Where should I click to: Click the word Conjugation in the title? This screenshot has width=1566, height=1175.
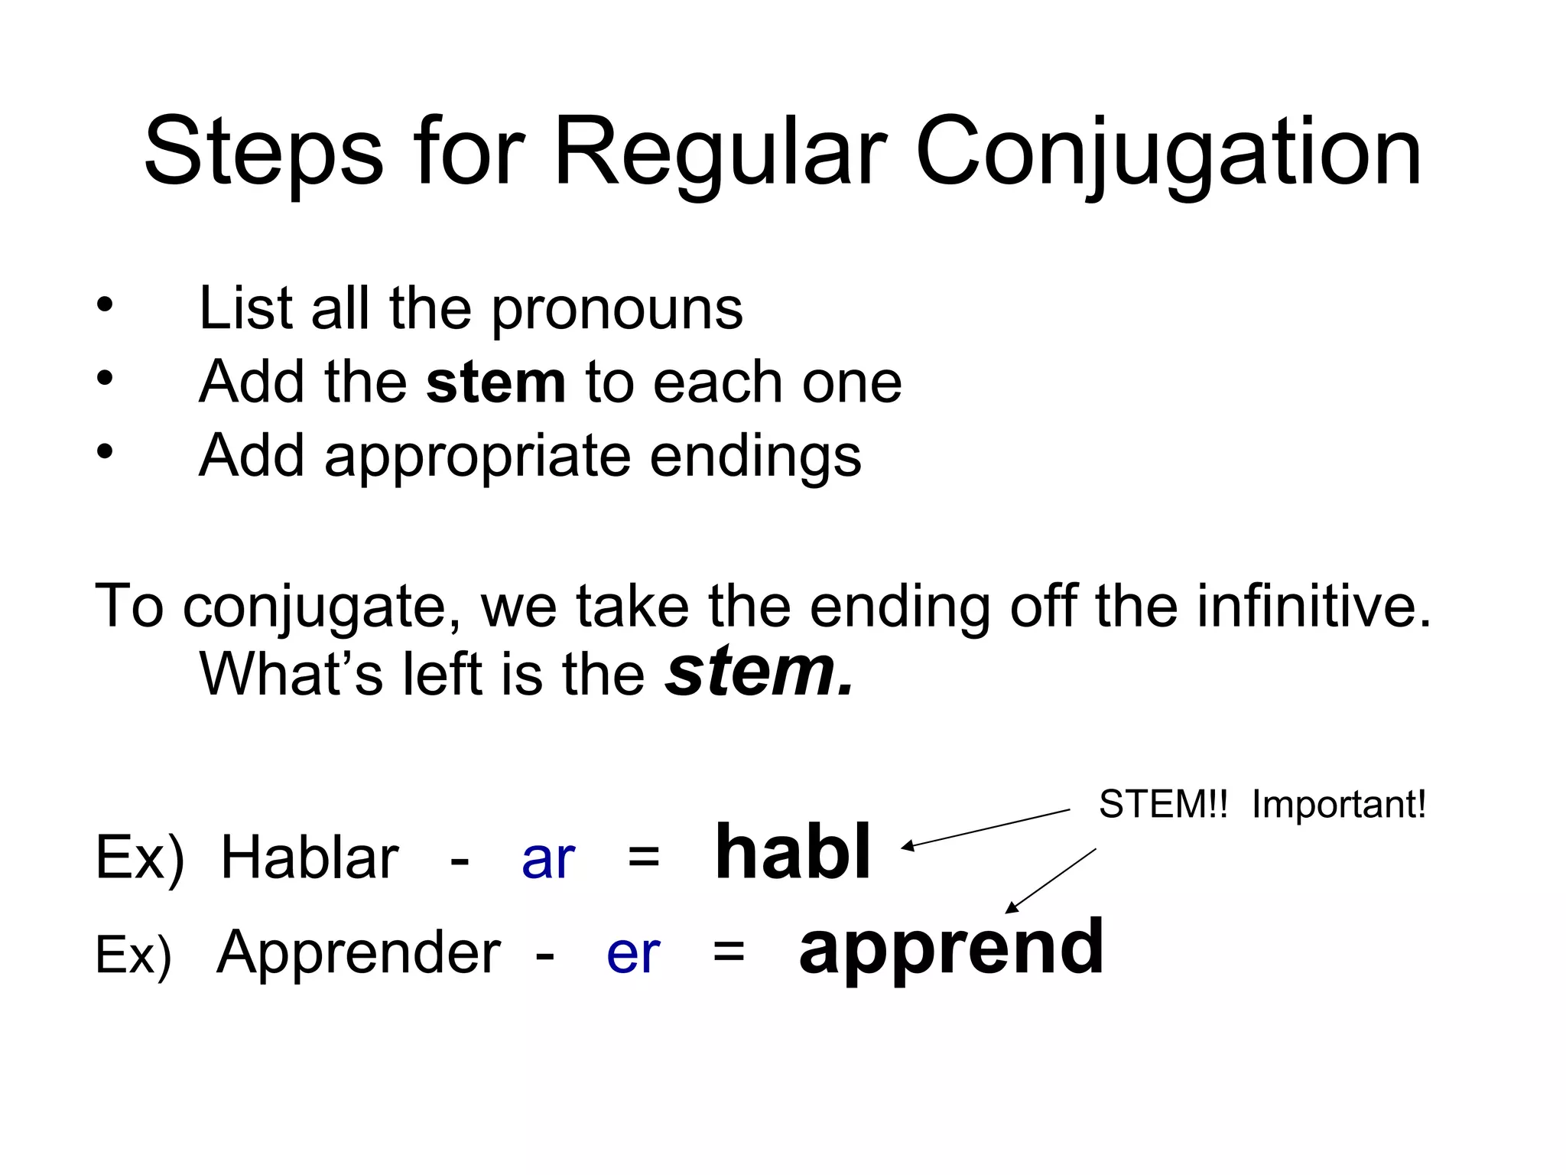tap(1168, 153)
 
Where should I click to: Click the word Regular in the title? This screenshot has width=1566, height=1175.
tap(720, 153)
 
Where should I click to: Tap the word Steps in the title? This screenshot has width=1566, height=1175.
tap(263, 153)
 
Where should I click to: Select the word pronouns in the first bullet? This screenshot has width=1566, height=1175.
tap(616, 310)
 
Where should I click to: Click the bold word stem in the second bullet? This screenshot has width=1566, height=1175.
tap(495, 382)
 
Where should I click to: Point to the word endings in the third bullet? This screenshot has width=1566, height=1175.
tap(755, 457)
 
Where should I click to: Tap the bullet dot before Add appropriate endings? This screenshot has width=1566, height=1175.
tap(105, 451)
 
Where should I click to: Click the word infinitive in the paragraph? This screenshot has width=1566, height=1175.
tap(1313, 606)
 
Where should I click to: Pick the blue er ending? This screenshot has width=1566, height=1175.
tap(633, 955)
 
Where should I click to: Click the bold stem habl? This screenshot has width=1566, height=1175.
tap(792, 852)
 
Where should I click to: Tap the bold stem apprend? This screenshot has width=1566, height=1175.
tap(951, 949)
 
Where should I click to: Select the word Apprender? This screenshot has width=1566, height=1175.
tap(359, 953)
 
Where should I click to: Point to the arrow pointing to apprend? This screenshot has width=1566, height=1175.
tap(1051, 880)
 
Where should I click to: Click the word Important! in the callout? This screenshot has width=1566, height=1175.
tap(1339, 805)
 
